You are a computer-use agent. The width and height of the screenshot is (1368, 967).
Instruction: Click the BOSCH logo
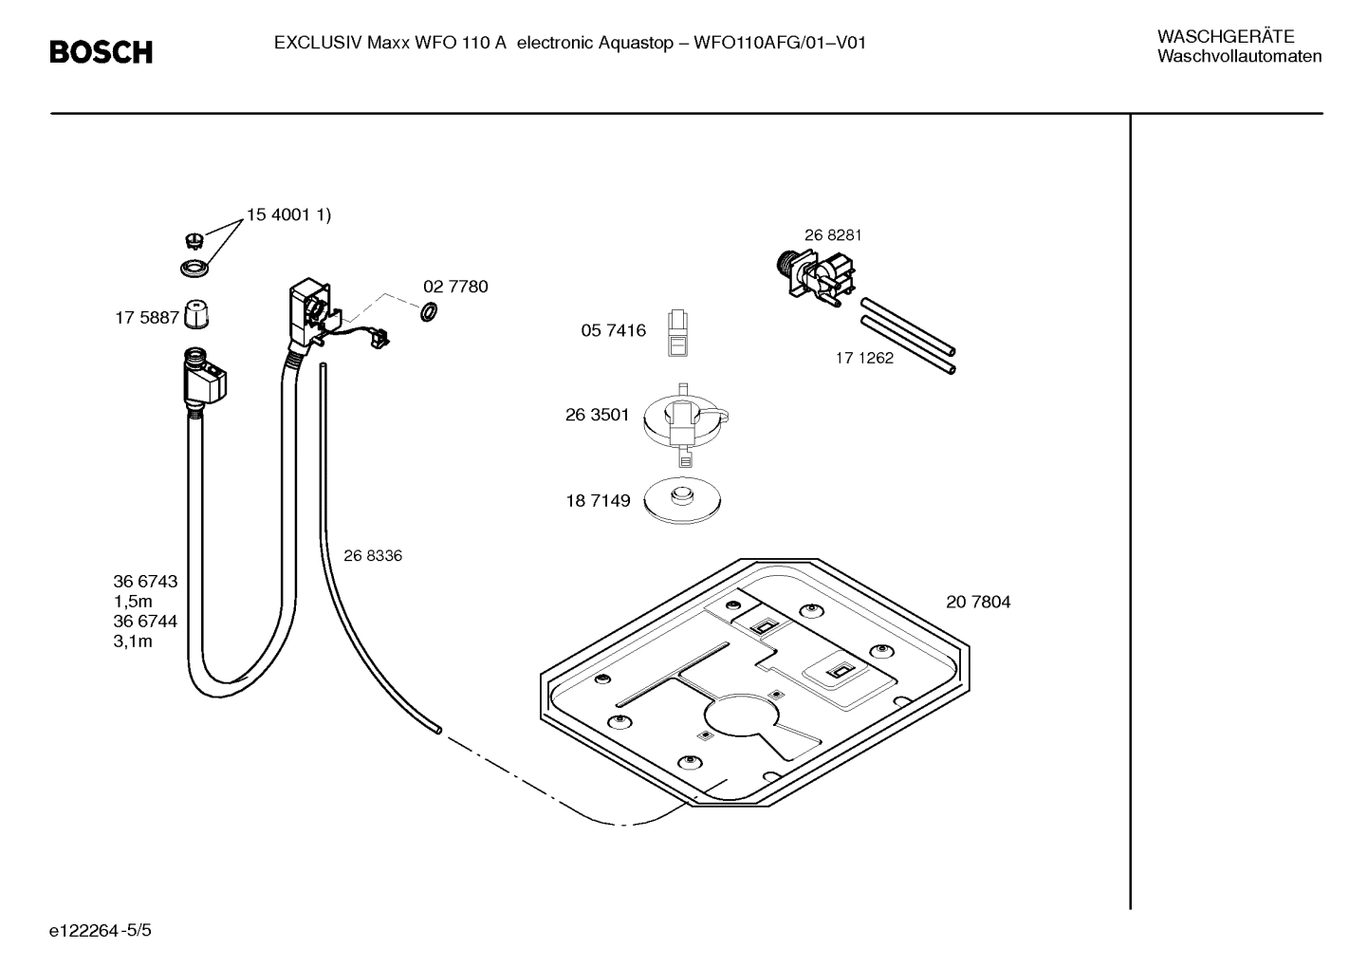click(101, 52)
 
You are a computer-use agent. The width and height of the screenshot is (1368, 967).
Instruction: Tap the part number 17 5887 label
click(146, 318)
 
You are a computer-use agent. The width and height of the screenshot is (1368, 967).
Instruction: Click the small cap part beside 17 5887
click(195, 314)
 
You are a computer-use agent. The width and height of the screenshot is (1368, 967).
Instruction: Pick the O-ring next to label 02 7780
click(428, 311)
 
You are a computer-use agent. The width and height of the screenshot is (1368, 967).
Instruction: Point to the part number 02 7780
click(455, 287)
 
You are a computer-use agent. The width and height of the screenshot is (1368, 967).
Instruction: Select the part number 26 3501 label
click(597, 415)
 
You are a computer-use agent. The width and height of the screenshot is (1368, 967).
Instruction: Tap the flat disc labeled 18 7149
click(681, 500)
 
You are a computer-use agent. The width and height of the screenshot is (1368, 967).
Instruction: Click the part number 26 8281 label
click(833, 235)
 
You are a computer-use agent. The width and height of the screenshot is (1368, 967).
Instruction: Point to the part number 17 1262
click(863, 359)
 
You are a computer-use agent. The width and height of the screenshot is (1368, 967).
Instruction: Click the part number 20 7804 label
click(977, 602)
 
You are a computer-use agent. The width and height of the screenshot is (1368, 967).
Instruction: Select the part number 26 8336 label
click(372, 556)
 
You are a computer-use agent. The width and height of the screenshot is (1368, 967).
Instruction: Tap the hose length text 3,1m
click(133, 642)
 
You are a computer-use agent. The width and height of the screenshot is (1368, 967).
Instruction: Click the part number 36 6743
click(145, 582)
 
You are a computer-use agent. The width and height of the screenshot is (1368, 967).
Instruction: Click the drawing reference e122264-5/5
click(101, 930)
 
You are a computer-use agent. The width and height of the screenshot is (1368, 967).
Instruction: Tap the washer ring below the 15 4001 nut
click(195, 269)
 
